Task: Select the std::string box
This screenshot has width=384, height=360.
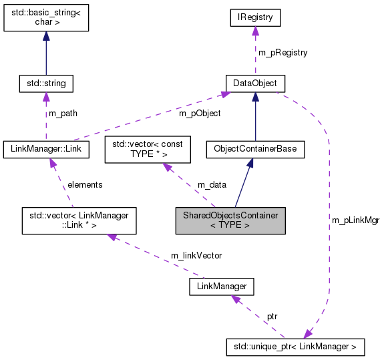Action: tap(45, 83)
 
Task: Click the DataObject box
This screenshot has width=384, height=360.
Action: tap(256, 83)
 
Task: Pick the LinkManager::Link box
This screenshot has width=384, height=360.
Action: tap(46, 148)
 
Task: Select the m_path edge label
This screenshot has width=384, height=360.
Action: tap(64, 114)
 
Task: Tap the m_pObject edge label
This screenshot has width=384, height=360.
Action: tap(200, 114)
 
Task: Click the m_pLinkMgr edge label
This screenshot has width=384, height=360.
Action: tap(355, 220)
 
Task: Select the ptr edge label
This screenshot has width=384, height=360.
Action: tap(272, 315)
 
